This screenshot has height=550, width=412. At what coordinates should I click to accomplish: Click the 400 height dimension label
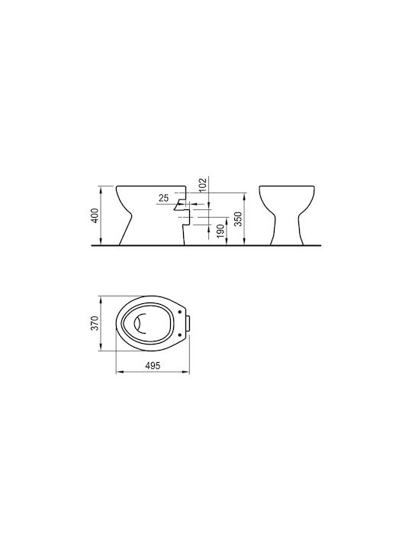pyautogui.click(x=95, y=215)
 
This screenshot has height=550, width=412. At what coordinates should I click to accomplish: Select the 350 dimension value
pyautogui.click(x=238, y=219)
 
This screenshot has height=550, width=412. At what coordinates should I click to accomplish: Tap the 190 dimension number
pyautogui.click(x=220, y=231)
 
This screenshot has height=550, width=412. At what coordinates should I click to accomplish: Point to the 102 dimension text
pyautogui.click(x=204, y=185)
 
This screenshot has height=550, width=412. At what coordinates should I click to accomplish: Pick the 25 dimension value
pyautogui.click(x=163, y=198)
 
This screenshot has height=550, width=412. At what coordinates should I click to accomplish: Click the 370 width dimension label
pyautogui.click(x=95, y=322)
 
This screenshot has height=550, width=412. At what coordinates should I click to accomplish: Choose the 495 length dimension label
pyautogui.click(x=153, y=365)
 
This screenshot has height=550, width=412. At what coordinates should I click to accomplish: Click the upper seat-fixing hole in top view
pyautogui.click(x=180, y=312)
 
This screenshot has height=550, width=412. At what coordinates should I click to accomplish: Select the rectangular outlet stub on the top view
pyautogui.click(x=188, y=323)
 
